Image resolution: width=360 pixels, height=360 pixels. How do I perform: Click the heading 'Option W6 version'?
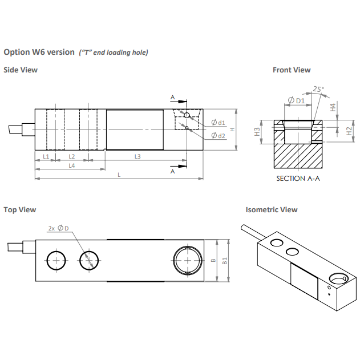click(39, 52)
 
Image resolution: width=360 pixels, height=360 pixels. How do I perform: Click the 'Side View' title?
click(21, 70)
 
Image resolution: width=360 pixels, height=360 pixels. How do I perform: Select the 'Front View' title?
click(292, 70)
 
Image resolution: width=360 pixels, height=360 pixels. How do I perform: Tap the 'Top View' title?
click(20, 209)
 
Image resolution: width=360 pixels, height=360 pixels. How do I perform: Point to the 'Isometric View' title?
click(272, 209)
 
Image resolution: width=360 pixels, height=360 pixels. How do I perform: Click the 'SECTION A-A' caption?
click(297, 179)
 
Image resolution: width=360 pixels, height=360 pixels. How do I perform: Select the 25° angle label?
click(318, 88)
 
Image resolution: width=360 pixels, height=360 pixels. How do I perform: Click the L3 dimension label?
click(137, 156)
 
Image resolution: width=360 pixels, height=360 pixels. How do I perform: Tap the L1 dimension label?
click(46, 156)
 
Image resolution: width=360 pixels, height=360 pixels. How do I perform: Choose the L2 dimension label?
click(72, 156)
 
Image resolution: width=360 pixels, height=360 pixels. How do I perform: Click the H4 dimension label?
click(333, 107)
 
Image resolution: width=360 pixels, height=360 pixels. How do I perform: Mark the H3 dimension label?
click(257, 132)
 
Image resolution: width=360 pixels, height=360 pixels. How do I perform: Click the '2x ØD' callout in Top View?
click(58, 228)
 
